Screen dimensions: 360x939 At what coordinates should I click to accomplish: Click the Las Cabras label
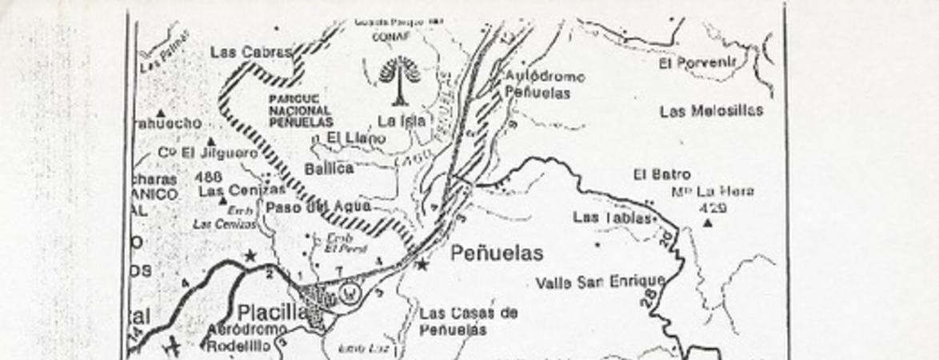tap(250, 52)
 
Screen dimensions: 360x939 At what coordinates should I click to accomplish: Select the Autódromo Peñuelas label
tap(544, 85)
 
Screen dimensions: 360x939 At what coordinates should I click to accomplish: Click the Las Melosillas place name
tap(711, 110)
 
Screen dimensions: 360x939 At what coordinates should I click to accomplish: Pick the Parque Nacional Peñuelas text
tap(301, 110)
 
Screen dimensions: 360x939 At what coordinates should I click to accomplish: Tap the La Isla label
tap(402, 122)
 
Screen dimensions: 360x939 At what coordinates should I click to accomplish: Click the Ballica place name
tap(329, 169)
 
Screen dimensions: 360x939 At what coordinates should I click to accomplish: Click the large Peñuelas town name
tap(497, 254)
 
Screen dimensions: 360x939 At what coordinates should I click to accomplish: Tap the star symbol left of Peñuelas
tap(422, 265)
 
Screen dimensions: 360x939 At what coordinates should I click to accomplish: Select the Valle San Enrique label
tap(600, 282)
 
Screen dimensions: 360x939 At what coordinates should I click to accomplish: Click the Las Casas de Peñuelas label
tap(468, 321)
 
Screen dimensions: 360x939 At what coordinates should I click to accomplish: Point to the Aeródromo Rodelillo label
tap(246, 338)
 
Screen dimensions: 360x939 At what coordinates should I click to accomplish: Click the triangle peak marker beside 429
tap(708, 222)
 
